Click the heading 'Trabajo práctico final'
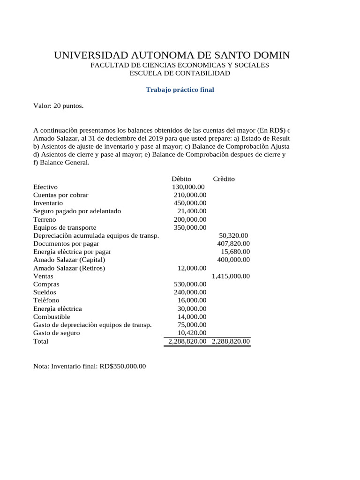[180, 90]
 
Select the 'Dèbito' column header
[181, 179]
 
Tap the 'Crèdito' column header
[224, 179]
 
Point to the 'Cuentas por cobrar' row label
[60, 195]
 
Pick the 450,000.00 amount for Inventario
[189, 203]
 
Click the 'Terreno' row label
[45, 219]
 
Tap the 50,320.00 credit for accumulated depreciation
[233, 235]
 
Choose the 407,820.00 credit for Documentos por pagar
[233, 244]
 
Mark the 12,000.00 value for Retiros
[191, 268]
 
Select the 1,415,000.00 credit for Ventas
[231, 276]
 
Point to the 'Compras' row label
[46, 284]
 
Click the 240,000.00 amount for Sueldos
[189, 292]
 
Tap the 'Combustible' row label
[52, 317]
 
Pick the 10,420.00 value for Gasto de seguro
[191, 333]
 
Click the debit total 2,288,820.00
[187, 341]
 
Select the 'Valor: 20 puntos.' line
[59, 106]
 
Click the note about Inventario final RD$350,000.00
[90, 366]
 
